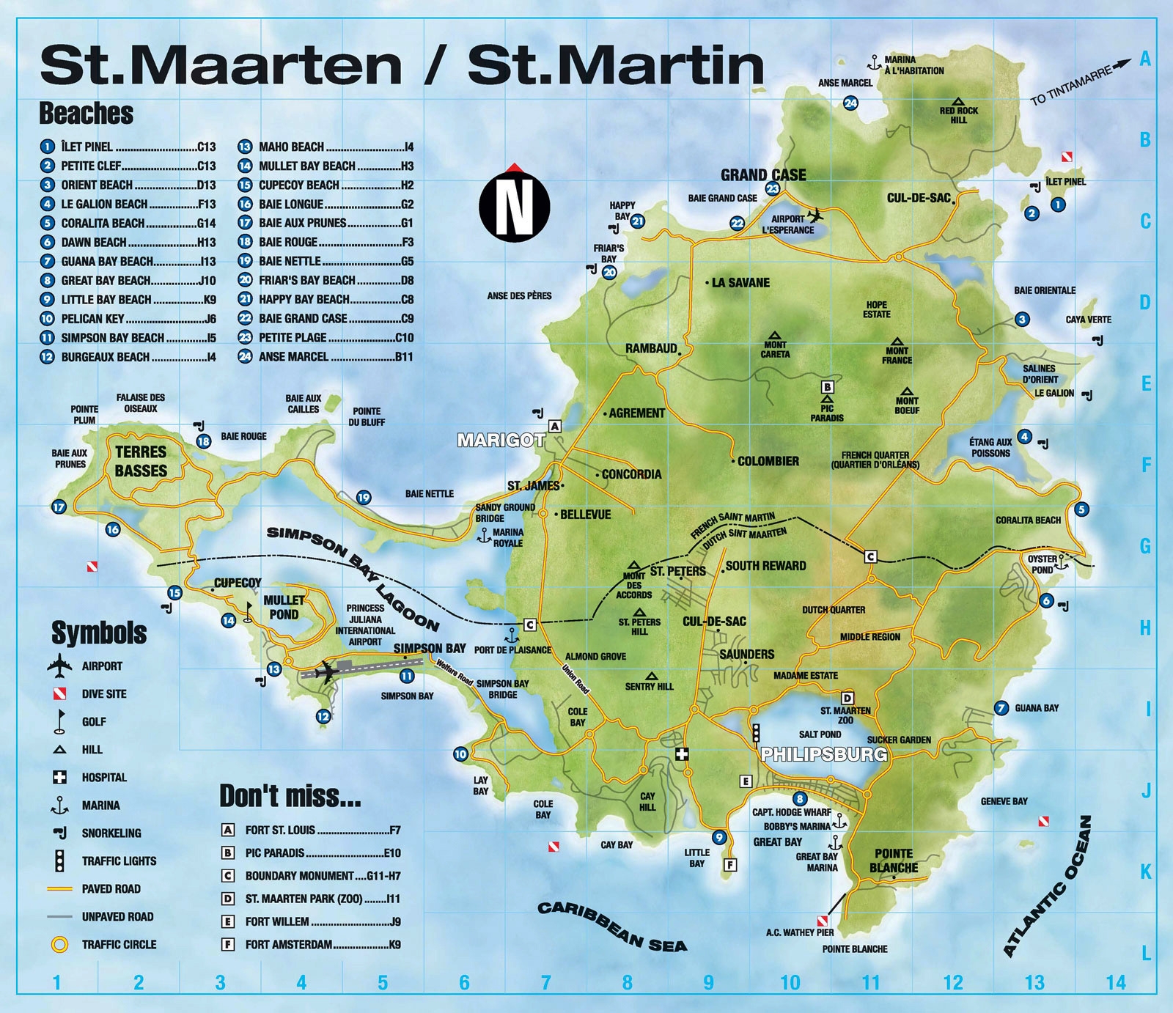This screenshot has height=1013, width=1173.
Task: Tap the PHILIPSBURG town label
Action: coord(824,754)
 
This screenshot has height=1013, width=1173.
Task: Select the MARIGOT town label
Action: coord(501,440)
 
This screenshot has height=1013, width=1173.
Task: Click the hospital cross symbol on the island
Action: coord(683,754)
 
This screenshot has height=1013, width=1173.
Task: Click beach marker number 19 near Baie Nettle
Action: coord(364,498)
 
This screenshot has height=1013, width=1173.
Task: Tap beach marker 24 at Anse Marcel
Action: coord(850,103)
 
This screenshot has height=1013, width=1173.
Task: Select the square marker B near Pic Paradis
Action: coord(827,387)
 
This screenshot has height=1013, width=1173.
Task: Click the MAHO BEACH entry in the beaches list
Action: coord(291,147)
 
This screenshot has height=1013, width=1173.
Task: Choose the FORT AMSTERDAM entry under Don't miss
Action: coord(288,944)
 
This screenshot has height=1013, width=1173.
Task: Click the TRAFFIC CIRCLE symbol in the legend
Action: coord(59,944)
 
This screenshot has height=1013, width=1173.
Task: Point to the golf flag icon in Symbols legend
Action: coord(59,721)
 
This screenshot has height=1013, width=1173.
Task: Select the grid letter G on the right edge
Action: coord(1145,546)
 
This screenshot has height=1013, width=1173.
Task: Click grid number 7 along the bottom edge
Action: coord(545,983)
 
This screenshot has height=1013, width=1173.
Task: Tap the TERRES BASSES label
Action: coord(141,461)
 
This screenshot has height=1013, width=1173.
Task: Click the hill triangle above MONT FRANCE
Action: coord(897,342)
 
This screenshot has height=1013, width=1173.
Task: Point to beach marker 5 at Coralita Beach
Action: coord(1081,509)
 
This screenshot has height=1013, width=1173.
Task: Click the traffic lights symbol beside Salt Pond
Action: coord(756,733)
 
